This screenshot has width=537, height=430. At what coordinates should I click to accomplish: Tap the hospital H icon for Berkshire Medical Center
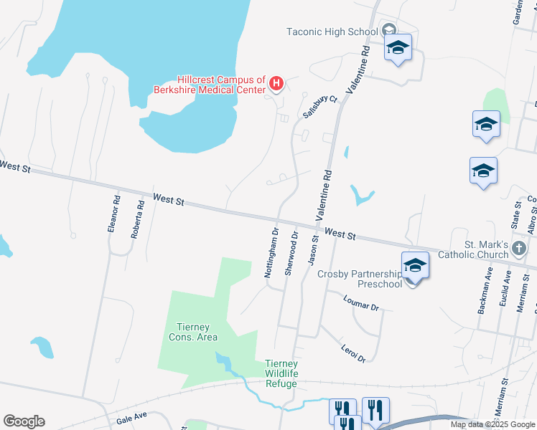(x=276, y=85)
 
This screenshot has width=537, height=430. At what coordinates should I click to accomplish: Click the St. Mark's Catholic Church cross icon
(x=520, y=249)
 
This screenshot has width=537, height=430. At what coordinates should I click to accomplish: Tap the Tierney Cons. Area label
(x=192, y=332)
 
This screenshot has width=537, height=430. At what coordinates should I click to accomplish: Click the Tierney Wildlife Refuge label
(x=281, y=373)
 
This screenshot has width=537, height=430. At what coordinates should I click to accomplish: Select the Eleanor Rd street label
(x=113, y=214)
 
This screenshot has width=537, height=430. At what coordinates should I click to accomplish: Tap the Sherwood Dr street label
(x=291, y=252)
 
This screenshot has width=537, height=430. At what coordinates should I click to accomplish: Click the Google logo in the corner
(x=24, y=421)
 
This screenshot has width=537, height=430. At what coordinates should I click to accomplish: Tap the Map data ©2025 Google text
(x=492, y=424)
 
